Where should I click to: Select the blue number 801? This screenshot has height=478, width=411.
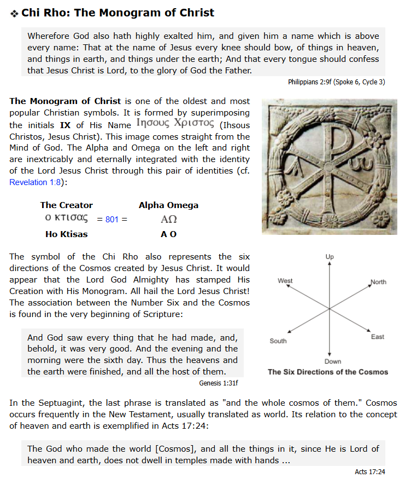112,220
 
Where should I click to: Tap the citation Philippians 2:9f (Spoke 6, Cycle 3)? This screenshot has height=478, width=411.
336,82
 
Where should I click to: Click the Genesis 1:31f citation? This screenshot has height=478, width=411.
219,383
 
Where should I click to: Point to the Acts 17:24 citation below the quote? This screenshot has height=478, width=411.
369,471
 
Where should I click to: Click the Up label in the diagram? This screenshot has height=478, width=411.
330,256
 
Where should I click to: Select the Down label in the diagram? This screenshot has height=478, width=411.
332,361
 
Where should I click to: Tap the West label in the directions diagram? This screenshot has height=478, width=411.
285,281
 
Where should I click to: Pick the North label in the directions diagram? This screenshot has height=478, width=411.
378,282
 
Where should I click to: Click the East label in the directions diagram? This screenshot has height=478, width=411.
377,337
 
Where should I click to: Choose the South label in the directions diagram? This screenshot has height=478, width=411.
278,341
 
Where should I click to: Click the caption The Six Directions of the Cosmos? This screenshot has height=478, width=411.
328,372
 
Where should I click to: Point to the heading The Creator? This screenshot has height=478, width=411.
67,205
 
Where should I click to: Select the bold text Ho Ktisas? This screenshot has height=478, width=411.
67,234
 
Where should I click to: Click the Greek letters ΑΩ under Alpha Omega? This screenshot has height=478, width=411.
168,220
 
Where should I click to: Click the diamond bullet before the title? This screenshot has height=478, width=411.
14,13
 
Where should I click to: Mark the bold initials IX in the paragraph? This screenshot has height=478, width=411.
65,125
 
